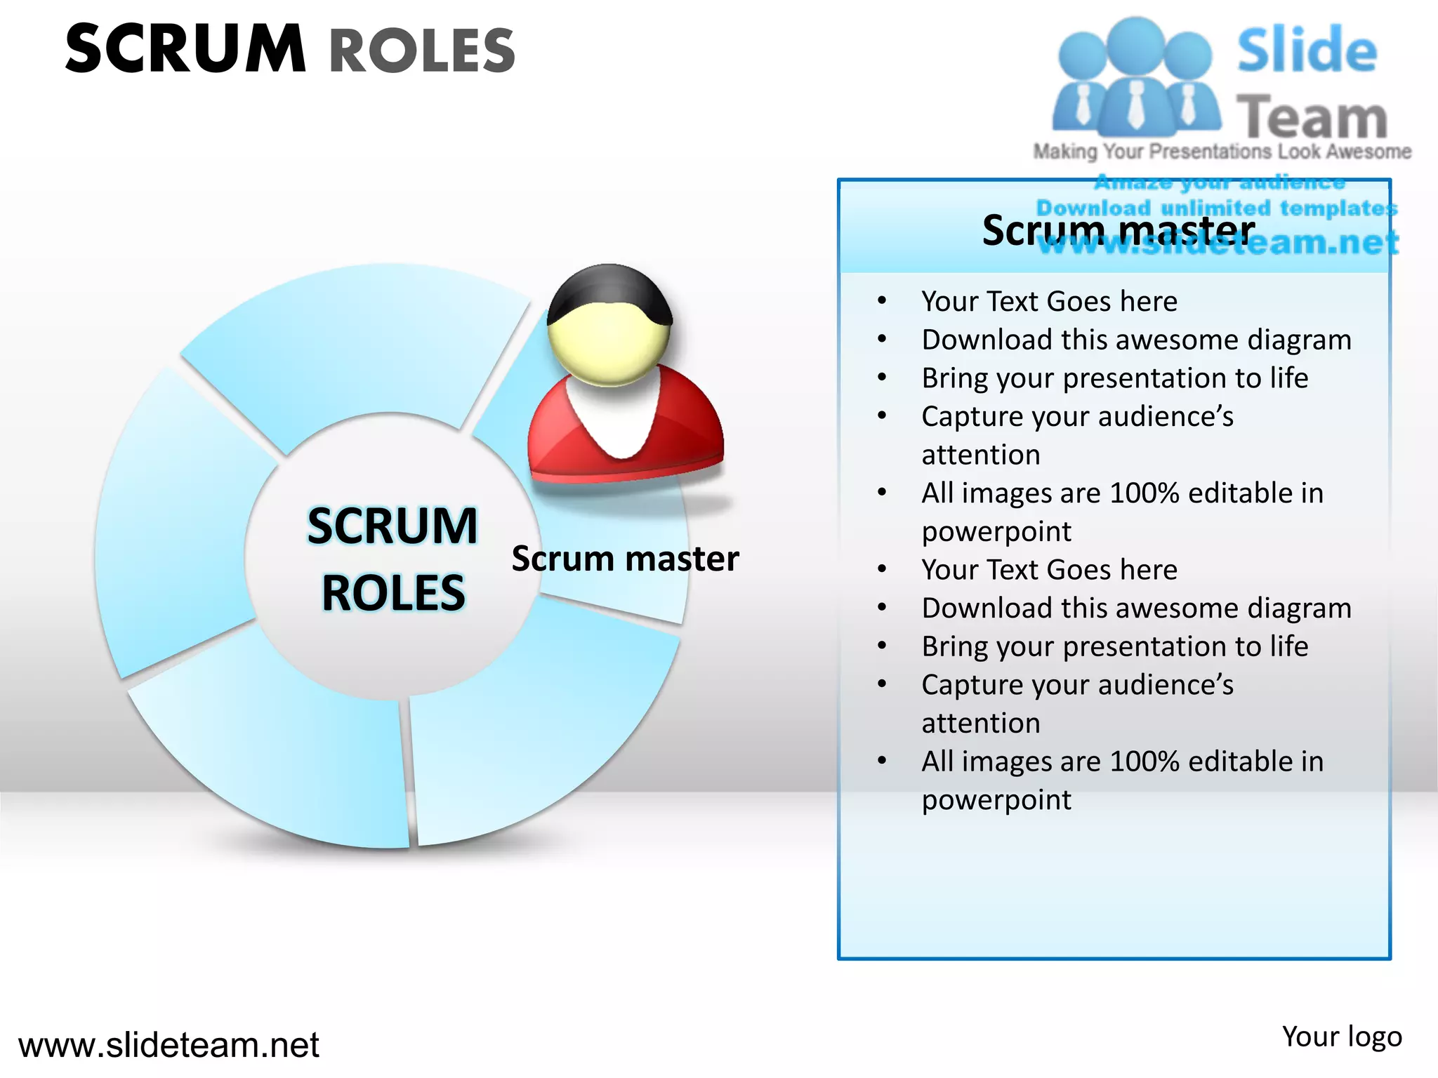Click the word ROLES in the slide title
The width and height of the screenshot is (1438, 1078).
pos(422,51)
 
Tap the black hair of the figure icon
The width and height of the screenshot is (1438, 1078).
pos(608,291)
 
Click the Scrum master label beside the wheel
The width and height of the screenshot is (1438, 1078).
pos(625,559)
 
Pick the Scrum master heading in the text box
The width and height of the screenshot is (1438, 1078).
pos(1118,230)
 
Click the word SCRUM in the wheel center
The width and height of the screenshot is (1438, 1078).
pos(393,526)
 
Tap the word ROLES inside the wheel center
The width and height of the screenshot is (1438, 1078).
pos(393,593)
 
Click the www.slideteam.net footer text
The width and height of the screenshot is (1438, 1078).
pos(169,1044)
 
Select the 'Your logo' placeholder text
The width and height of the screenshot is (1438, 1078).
pos(1342,1037)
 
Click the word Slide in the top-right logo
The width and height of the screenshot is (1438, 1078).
pos(1307,51)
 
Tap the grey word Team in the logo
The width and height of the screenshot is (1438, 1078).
pos(1311,117)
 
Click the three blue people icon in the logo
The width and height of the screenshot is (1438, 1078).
pos(1135,77)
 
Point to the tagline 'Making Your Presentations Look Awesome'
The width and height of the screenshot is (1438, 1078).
pos(1222,152)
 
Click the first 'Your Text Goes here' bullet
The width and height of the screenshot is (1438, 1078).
pos(1049,301)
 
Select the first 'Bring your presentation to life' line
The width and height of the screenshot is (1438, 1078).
pos(1115,378)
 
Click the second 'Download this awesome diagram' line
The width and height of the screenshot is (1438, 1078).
pos(1136,608)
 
